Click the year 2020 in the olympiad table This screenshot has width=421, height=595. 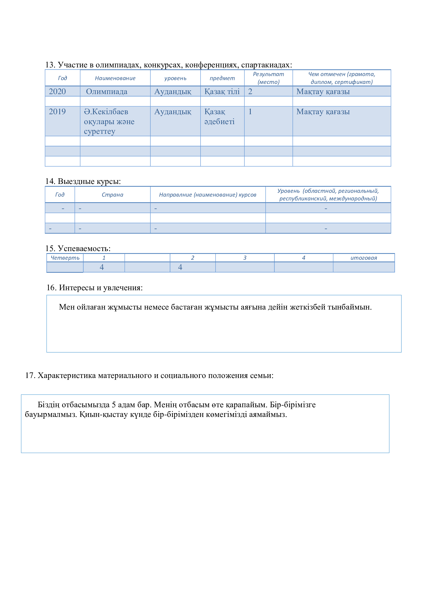pyautogui.click(x=57, y=92)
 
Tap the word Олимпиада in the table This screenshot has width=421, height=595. pyautogui.click(x=107, y=92)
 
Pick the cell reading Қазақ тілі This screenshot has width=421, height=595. pyautogui.click(x=222, y=92)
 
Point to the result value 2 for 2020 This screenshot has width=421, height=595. pyautogui.click(x=250, y=92)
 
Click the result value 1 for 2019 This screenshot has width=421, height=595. pyautogui.click(x=250, y=112)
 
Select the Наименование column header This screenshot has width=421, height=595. pyautogui.click(x=115, y=78)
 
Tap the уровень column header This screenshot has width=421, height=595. pyautogui.click(x=175, y=78)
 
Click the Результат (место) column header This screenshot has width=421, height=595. pyautogui.click(x=268, y=78)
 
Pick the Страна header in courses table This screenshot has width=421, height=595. pyautogui.click(x=112, y=195)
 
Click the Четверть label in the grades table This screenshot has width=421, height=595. pyautogui.click(x=65, y=258)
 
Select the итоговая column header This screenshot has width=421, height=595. pyautogui.click(x=363, y=258)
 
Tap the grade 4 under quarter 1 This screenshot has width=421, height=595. pyautogui.click(x=102, y=267)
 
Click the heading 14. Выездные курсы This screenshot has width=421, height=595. pyautogui.click(x=83, y=181)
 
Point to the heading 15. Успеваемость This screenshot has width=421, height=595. pyautogui.click(x=78, y=249)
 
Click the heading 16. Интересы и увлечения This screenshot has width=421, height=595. pyautogui.click(x=95, y=288)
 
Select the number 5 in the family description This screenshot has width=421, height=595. pyautogui.click(x=114, y=405)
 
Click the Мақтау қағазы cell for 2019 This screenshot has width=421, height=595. pyautogui.click(x=323, y=112)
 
